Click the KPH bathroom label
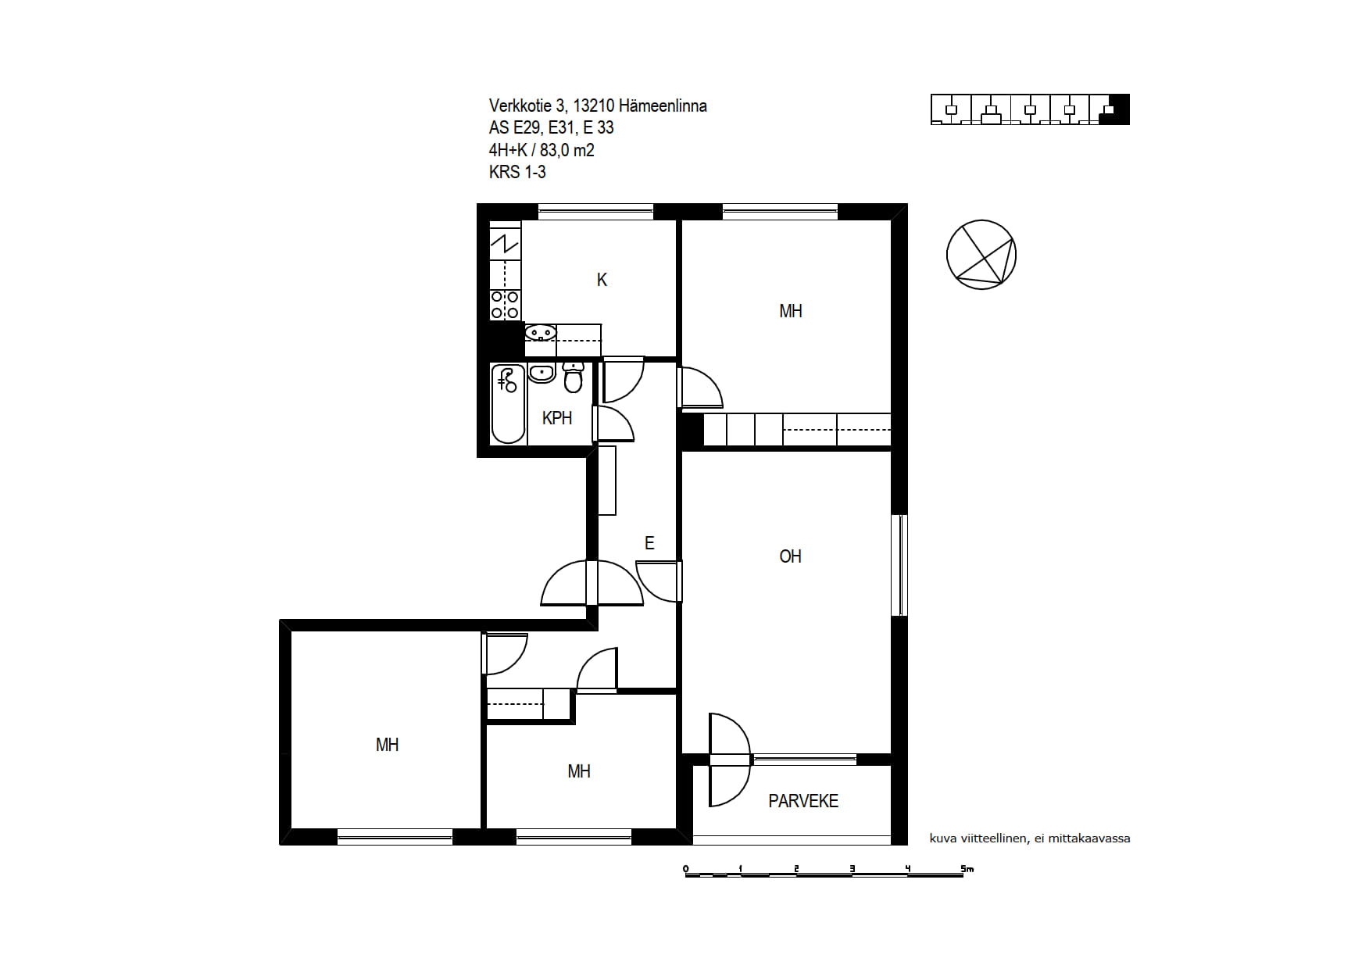[x=557, y=418]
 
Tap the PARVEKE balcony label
[x=803, y=801]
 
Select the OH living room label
[x=790, y=556]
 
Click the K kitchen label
[x=602, y=280]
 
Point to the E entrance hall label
[x=649, y=543]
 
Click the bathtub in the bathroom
[x=508, y=404]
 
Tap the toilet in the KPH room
[x=574, y=377]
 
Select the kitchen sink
[x=541, y=334]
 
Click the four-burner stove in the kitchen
[x=505, y=305]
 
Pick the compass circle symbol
[x=981, y=255]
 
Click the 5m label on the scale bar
[x=967, y=868]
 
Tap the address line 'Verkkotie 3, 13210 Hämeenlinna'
[x=598, y=105]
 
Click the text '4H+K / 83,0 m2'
[x=542, y=150]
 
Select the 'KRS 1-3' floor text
[x=517, y=172]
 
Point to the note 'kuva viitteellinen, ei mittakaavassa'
[x=1030, y=838]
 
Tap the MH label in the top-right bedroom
[x=791, y=311]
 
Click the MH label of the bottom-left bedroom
[x=388, y=745]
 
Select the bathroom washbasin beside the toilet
[x=542, y=373]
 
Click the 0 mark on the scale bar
[x=686, y=869]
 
